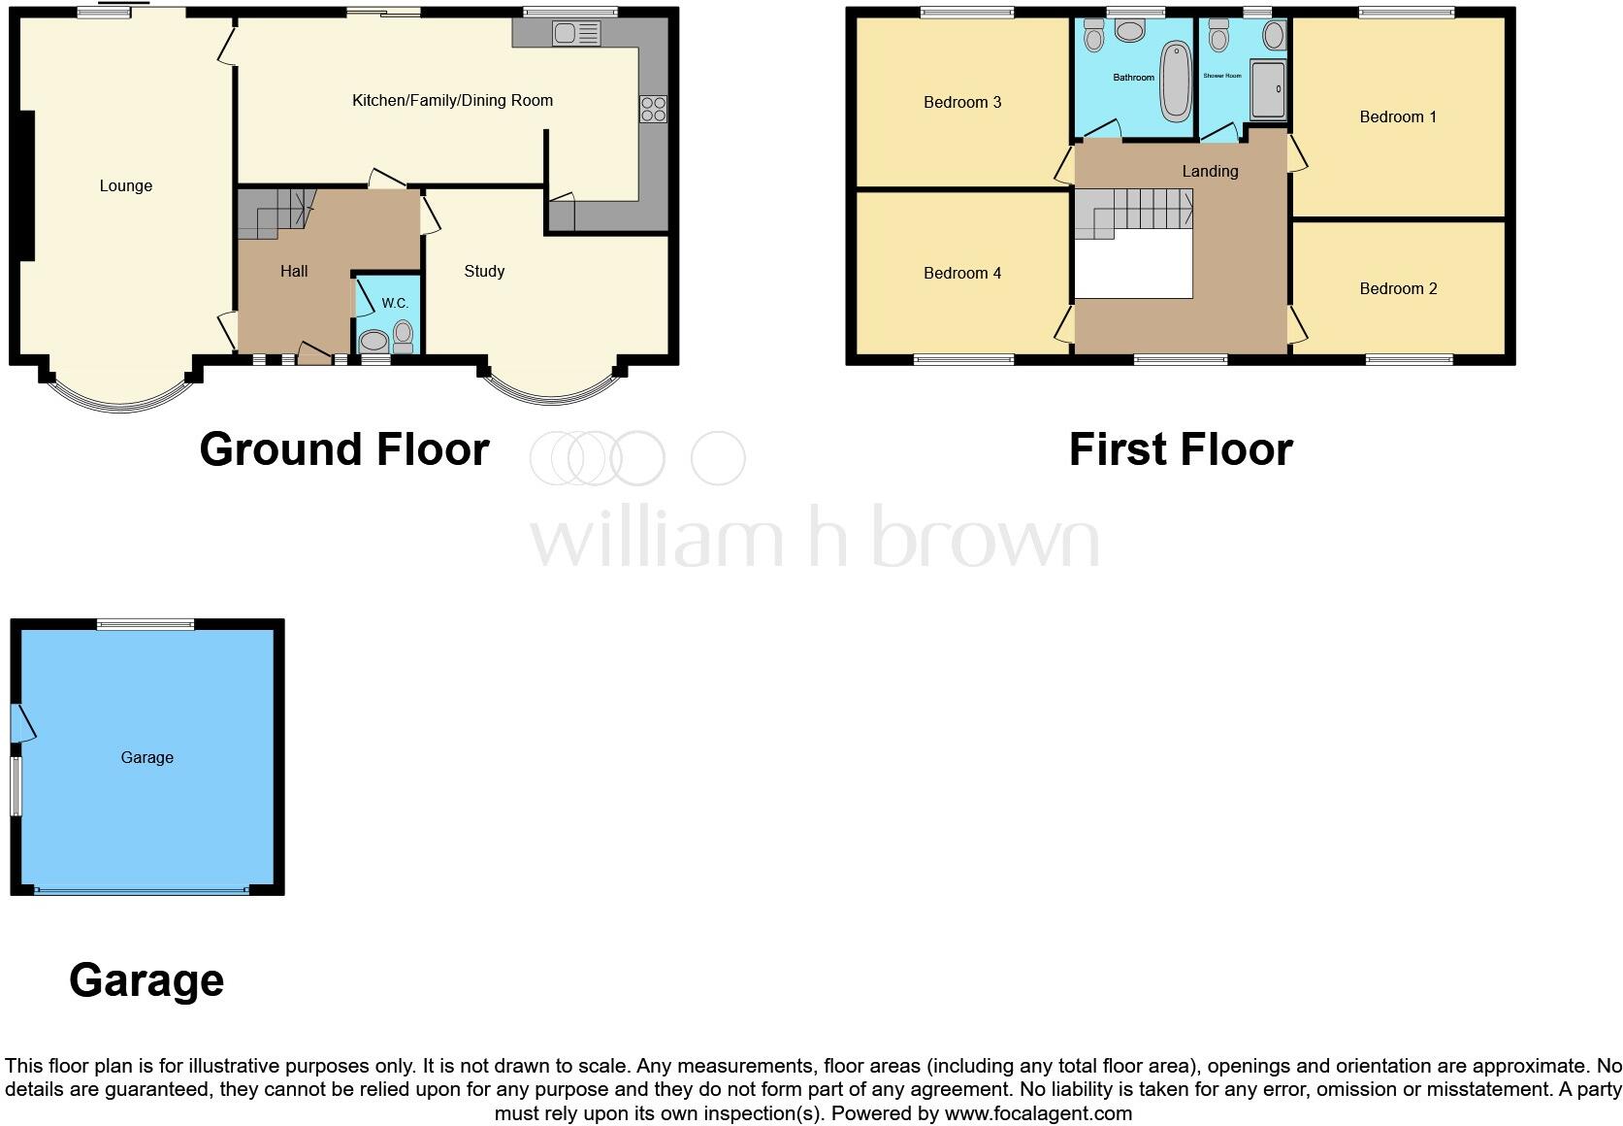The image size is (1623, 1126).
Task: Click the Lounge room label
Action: [126, 185]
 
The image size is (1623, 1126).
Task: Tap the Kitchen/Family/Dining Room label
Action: [452, 100]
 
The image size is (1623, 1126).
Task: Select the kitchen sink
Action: [576, 34]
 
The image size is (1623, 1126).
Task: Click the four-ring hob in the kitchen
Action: [653, 109]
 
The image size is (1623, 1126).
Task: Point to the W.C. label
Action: [395, 303]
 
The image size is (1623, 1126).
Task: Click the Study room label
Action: [484, 271]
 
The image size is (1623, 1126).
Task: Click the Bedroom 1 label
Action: [1398, 116]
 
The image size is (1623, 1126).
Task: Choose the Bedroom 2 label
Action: [1398, 288]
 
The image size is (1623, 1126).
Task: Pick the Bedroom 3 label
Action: [962, 102]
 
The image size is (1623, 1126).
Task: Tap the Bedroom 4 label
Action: [962, 273]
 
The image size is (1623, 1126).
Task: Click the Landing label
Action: [1210, 171]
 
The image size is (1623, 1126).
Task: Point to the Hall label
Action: [294, 271]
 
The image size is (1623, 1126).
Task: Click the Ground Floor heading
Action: [344, 449]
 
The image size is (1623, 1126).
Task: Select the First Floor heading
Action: [1181, 449]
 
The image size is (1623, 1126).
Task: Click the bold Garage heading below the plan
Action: [146, 980]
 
